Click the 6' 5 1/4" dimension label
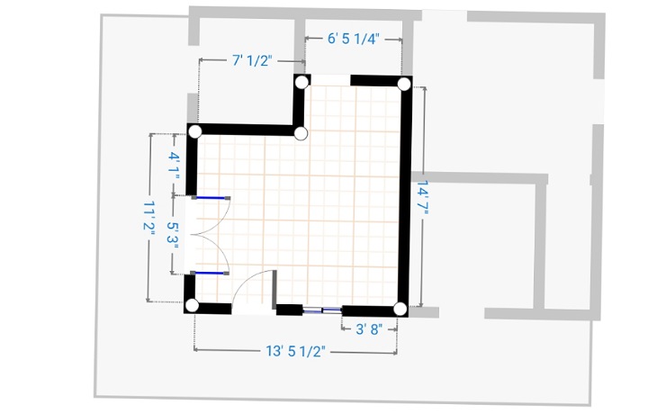(x=353, y=39)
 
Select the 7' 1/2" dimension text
(x=252, y=60)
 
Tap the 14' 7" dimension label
(x=422, y=197)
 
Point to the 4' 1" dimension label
(x=174, y=162)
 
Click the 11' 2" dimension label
(x=149, y=217)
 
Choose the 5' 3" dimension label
(x=173, y=233)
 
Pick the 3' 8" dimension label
(x=369, y=329)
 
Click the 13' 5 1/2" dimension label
(x=295, y=351)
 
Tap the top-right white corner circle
(x=404, y=84)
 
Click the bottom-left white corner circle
(x=192, y=305)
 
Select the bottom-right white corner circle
(x=400, y=309)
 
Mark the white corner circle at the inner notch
(x=301, y=133)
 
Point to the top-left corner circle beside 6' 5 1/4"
(x=301, y=83)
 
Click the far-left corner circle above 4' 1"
(x=195, y=131)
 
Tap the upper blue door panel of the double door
(x=211, y=198)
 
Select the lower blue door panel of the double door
(x=210, y=273)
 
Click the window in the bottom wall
(x=322, y=310)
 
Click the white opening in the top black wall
(x=330, y=80)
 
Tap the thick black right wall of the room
(x=406, y=195)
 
